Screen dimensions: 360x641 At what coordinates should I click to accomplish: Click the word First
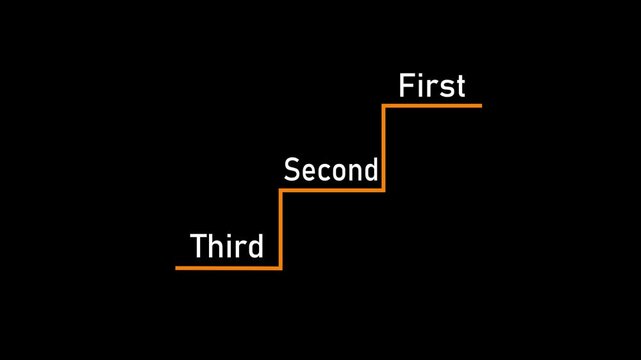point(432,86)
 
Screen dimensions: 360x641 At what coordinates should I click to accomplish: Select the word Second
point(331,170)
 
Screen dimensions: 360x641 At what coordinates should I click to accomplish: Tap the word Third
point(227,246)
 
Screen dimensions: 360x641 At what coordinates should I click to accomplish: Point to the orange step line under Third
point(228,267)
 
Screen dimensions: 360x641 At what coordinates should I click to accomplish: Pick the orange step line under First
point(433,105)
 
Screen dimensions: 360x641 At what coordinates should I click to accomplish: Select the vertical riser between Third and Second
point(281,228)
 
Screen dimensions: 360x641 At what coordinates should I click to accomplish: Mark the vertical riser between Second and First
point(384,147)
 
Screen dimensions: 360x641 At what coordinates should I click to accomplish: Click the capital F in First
point(406,86)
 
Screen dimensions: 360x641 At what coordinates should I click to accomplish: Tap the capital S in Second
point(292,170)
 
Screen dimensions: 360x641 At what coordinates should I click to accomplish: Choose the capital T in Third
point(199,246)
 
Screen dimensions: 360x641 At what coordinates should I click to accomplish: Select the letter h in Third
point(217,246)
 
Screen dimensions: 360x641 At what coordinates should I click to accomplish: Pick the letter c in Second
point(324,172)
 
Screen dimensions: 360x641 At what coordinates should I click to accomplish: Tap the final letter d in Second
point(370,170)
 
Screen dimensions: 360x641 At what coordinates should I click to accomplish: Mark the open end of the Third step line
point(177,267)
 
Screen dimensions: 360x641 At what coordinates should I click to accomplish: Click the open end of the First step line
point(480,105)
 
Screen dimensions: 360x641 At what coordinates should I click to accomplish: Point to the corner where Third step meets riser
point(281,267)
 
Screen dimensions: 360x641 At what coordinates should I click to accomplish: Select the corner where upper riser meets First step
point(384,105)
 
